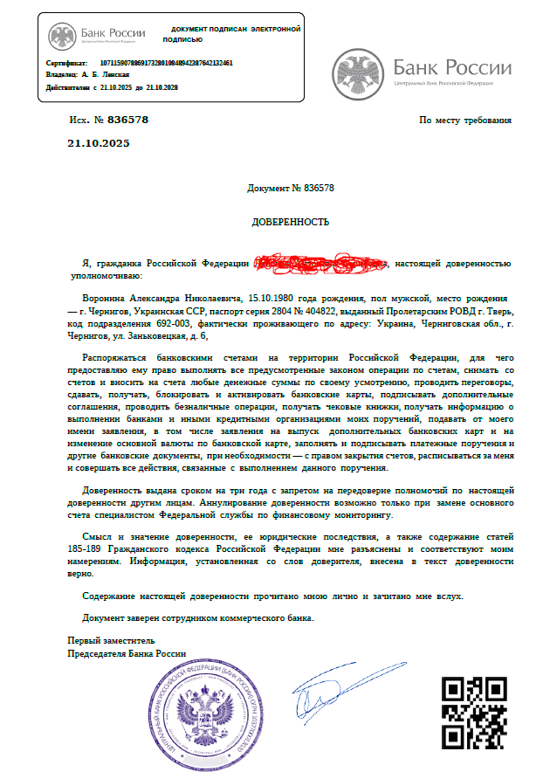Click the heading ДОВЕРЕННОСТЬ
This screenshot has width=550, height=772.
click(x=291, y=222)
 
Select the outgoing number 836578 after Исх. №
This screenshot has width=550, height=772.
click(x=127, y=121)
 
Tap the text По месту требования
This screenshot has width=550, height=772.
click(x=465, y=121)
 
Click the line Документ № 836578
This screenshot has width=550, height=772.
click(x=291, y=188)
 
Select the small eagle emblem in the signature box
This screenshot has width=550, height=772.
click(x=62, y=36)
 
